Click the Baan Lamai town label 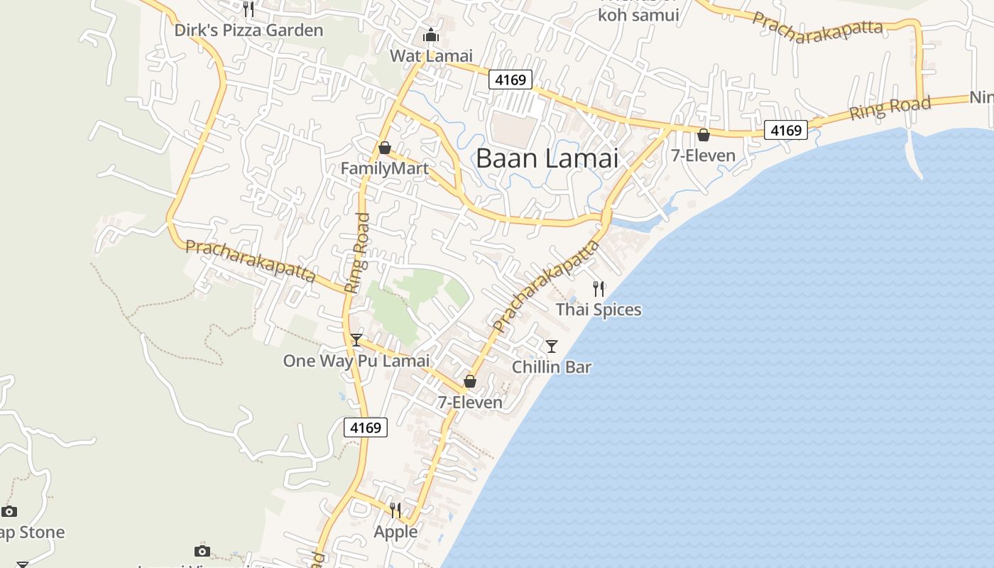[547, 158]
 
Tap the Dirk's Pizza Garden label [248, 31]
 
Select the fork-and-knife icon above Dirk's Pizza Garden [248, 9]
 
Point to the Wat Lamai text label [431, 55]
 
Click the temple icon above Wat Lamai [430, 35]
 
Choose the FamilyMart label [384, 168]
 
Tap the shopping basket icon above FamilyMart [384, 148]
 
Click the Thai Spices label [599, 310]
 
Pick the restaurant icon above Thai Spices [599, 288]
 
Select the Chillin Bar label [552, 367]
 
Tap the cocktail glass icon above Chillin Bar [552, 346]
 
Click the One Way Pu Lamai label [356, 361]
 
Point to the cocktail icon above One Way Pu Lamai [356, 340]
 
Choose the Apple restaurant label [395, 532]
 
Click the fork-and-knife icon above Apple [395, 510]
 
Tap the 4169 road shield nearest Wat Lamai [510, 80]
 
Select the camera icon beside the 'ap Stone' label [9, 511]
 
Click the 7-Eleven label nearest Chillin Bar [469, 403]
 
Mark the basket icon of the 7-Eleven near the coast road [704, 135]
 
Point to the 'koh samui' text [638, 14]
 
